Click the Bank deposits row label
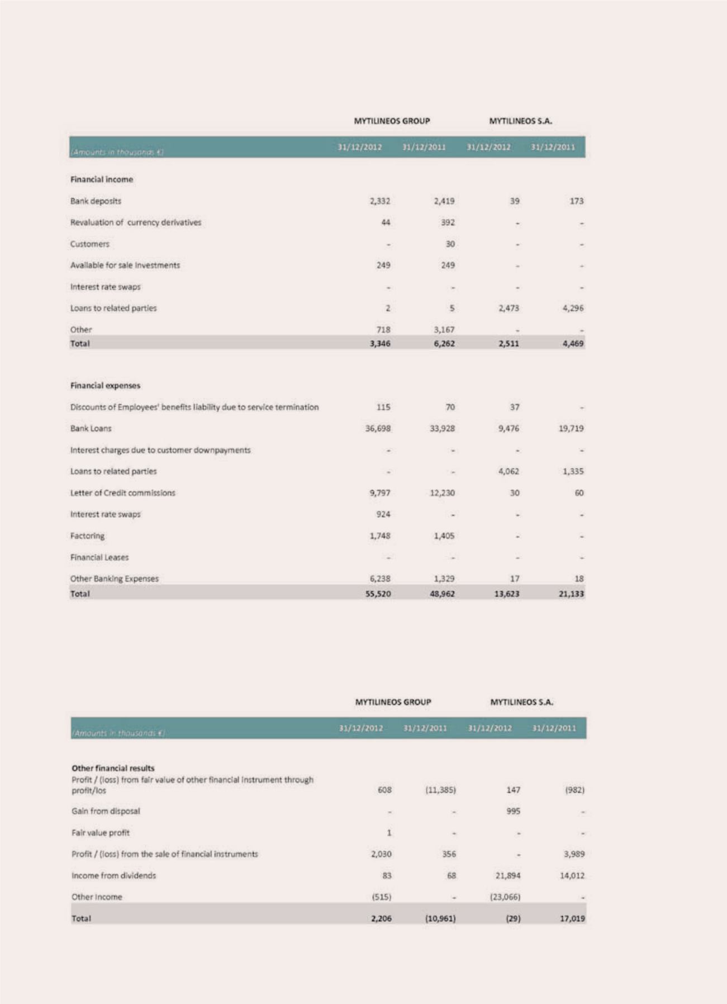click(x=96, y=201)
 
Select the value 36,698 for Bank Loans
click(x=378, y=429)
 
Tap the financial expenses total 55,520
click(x=378, y=594)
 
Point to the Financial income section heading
click(x=102, y=179)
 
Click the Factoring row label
click(x=87, y=536)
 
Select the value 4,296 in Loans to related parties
click(x=573, y=308)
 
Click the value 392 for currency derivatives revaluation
click(x=448, y=222)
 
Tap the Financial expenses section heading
click(x=105, y=386)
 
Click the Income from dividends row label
click(x=113, y=876)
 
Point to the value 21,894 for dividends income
click(x=508, y=876)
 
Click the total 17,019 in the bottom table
click(x=572, y=918)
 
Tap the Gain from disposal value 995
click(x=513, y=811)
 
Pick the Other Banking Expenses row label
click(x=115, y=579)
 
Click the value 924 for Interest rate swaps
click(x=383, y=514)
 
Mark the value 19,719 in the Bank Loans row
click(x=571, y=429)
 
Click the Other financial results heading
click(x=113, y=769)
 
